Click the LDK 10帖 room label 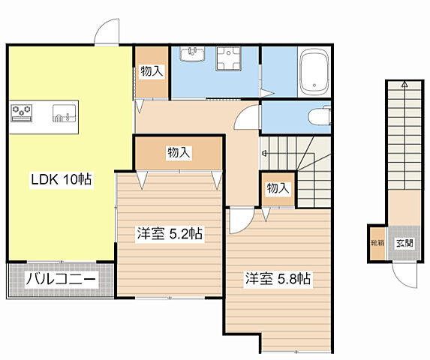tap(62, 179)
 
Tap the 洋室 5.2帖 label tap(170, 234)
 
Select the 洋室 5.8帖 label tap(278, 279)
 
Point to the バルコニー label tap(61, 280)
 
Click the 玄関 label tap(404, 243)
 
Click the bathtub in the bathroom tap(314, 72)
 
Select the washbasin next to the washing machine tap(193, 54)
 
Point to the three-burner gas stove tap(22, 113)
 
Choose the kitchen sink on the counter tap(65, 113)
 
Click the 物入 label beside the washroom tap(152, 71)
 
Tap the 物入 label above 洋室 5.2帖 tap(179, 152)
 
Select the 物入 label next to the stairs tap(278, 188)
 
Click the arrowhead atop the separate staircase tap(404, 84)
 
